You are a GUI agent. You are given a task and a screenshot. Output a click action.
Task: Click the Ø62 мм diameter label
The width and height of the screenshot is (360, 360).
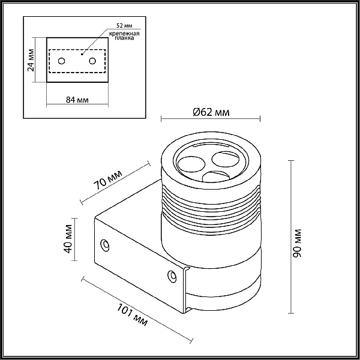click(x=211, y=112)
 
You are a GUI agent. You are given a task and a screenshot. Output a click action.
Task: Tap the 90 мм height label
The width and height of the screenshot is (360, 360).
click(x=298, y=243)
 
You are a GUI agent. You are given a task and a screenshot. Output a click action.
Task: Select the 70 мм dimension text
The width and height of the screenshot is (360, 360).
click(x=108, y=180)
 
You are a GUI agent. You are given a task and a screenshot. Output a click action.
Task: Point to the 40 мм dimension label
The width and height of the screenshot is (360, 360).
click(x=68, y=239)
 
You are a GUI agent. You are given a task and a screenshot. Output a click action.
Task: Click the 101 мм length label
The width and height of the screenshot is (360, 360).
click(x=132, y=314)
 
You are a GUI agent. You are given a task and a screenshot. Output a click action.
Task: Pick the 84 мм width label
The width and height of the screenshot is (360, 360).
click(x=77, y=100)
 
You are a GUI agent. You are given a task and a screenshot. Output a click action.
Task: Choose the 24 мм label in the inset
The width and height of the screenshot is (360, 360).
click(x=31, y=60)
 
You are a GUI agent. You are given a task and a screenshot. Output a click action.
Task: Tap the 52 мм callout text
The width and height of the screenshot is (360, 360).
click(x=124, y=25)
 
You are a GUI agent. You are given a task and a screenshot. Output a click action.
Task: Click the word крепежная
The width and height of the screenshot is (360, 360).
click(x=124, y=34)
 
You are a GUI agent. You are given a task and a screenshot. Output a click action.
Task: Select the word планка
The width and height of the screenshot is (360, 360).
click(x=124, y=38)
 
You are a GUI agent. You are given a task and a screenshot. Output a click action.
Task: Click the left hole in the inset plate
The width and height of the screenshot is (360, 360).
click(x=62, y=61)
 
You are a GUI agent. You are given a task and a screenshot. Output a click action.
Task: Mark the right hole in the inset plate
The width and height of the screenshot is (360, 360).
click(x=92, y=61)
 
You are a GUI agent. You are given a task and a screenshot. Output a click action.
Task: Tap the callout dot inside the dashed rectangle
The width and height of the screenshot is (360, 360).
click(x=82, y=54)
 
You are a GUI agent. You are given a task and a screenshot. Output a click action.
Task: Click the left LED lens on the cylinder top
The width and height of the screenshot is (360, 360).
click(x=191, y=164)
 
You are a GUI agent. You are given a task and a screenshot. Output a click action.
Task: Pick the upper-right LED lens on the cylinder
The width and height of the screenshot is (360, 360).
click(x=225, y=159)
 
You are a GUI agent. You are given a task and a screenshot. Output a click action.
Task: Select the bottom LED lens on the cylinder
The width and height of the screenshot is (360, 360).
click(x=216, y=176)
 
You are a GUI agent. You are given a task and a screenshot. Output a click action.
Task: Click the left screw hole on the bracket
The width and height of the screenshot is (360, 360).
click(x=105, y=245)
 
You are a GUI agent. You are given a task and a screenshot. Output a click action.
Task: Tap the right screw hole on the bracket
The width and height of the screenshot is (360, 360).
click(x=172, y=276)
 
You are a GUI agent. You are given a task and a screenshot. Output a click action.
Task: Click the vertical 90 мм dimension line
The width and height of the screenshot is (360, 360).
click(x=291, y=237)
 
